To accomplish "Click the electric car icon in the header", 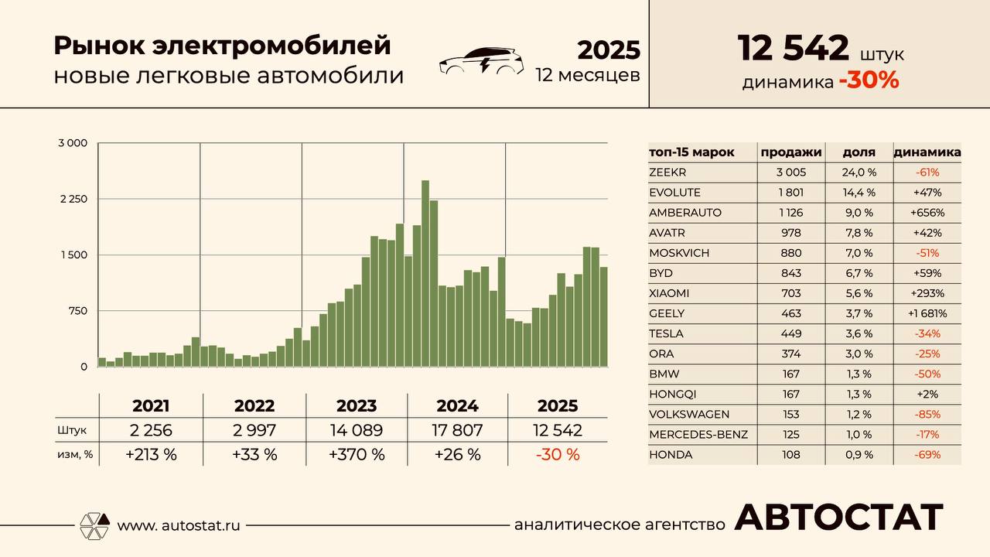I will pyautogui.click(x=481, y=61).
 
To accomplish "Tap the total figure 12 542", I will pyautogui.click(x=794, y=48).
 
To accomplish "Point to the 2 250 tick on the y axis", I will pyautogui.click(x=73, y=199).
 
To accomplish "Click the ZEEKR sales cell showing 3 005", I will pyautogui.click(x=791, y=173).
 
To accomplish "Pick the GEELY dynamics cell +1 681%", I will pyautogui.click(x=927, y=313).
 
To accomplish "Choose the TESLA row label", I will pyautogui.click(x=667, y=333).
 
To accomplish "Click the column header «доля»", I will pyautogui.click(x=859, y=152).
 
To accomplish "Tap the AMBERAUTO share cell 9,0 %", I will pyautogui.click(x=859, y=213).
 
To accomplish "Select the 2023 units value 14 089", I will pyautogui.click(x=357, y=431).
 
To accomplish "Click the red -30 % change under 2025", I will pyautogui.click(x=558, y=454).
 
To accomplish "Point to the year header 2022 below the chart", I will pyautogui.click(x=254, y=406).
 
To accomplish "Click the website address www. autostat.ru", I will pyautogui.click(x=179, y=525).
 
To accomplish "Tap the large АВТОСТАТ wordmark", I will pyautogui.click(x=839, y=518).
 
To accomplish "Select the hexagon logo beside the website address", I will pyautogui.click(x=95, y=525).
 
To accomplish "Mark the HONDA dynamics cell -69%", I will pyautogui.click(x=927, y=455).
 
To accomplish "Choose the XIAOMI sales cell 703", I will pyautogui.click(x=791, y=293).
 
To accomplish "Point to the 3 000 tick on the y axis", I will pyautogui.click(x=73, y=143).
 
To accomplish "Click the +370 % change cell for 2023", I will pyautogui.click(x=357, y=454).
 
